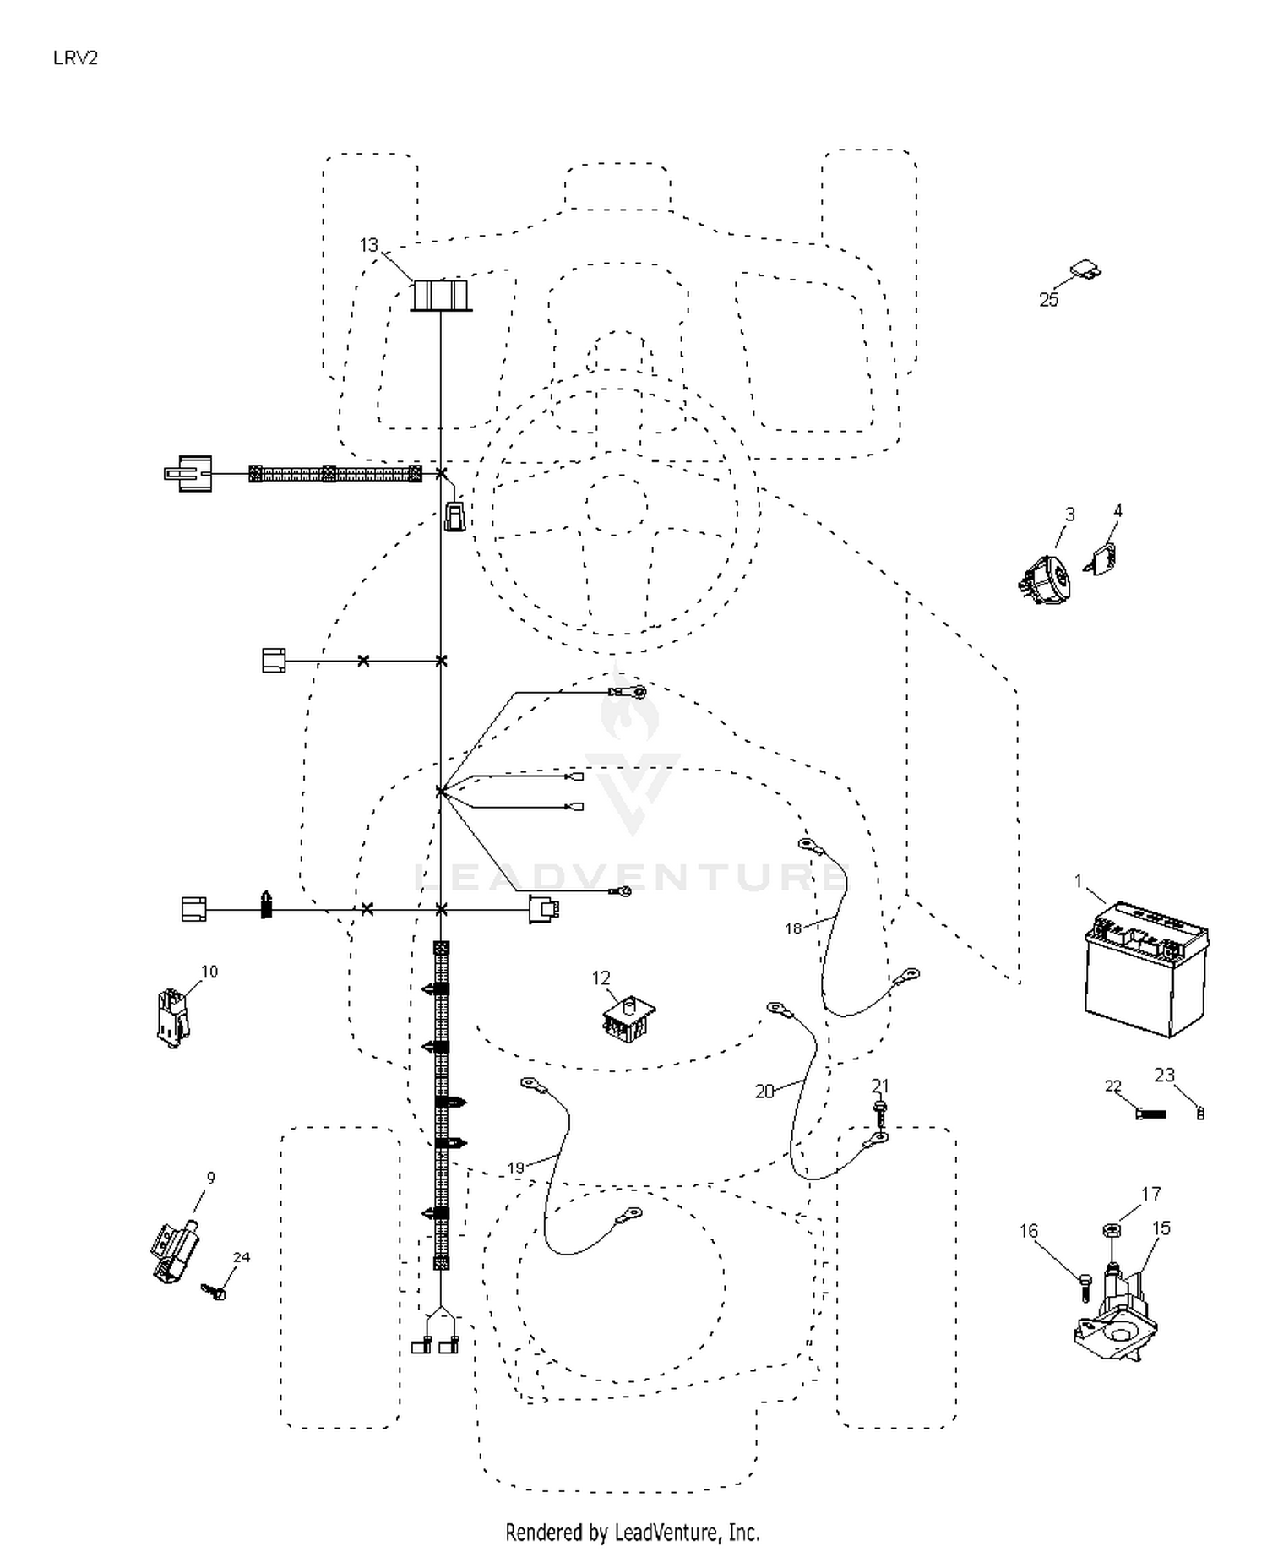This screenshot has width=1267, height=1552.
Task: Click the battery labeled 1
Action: pyautogui.click(x=1146, y=969)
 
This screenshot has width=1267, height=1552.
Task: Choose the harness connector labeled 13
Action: pyautogui.click(x=440, y=295)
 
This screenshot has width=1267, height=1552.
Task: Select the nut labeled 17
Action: pyautogui.click(x=1112, y=1229)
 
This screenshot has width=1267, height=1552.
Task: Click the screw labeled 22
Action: pyautogui.click(x=1150, y=1114)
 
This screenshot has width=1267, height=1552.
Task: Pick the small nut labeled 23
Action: pyautogui.click(x=1200, y=1114)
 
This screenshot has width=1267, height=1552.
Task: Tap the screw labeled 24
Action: pyautogui.click(x=214, y=1291)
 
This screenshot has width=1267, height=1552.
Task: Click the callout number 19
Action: pyautogui.click(x=515, y=1168)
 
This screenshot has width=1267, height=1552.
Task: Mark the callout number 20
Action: pyautogui.click(x=764, y=1092)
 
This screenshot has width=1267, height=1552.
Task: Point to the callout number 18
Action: pyautogui.click(x=792, y=928)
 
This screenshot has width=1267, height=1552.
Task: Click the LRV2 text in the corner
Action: pyautogui.click(x=75, y=57)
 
